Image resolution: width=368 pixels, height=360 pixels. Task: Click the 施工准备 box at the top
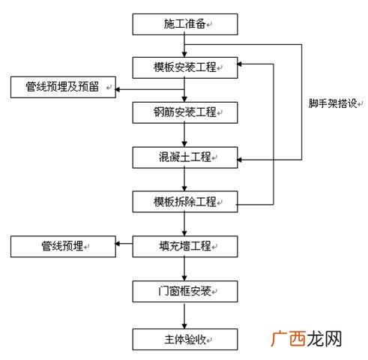pyautogui.click(x=185, y=24)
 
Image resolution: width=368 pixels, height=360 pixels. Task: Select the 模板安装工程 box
pyautogui.click(x=185, y=67)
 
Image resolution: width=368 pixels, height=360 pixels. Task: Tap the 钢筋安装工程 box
pyautogui.click(x=185, y=112)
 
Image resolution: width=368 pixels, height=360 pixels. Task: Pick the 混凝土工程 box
pyautogui.click(x=185, y=157)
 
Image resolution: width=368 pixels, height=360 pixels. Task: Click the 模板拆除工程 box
pyautogui.click(x=185, y=202)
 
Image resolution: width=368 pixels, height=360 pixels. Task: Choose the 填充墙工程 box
pyautogui.click(x=185, y=245)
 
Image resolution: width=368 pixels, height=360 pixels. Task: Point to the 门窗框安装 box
pyautogui.click(x=185, y=291)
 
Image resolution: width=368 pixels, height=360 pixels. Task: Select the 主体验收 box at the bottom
pyautogui.click(x=185, y=339)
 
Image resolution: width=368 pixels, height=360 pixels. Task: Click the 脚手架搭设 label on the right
pyautogui.click(x=334, y=103)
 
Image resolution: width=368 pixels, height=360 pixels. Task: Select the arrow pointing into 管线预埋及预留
pyautogui.click(x=121, y=88)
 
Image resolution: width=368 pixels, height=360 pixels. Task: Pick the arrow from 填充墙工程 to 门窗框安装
pyautogui.click(x=185, y=268)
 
